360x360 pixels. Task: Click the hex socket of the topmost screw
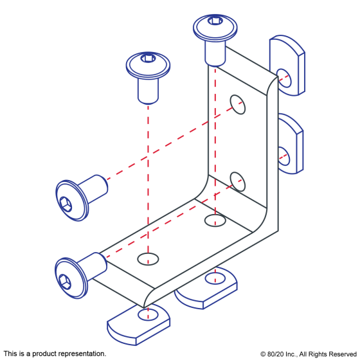coord(215,21)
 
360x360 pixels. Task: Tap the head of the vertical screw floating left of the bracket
coord(148,64)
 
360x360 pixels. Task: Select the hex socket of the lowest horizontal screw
coord(65,282)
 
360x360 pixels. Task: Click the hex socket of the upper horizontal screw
coord(66,204)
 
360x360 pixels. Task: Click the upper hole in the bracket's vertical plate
coord(238,104)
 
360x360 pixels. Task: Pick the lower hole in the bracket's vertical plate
coord(238,181)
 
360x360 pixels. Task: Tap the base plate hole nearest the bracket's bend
coord(215,221)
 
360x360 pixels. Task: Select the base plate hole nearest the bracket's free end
coord(148,259)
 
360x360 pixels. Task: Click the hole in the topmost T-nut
coord(284,78)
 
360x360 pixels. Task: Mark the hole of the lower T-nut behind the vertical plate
coord(283,156)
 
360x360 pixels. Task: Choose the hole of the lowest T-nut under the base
coord(148,315)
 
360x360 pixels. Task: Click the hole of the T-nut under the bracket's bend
coord(215,278)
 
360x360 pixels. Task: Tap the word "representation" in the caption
coord(82,354)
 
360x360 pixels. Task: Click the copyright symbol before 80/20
coord(263,354)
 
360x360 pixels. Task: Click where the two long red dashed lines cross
coord(148,157)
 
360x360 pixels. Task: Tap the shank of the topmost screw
coord(215,53)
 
